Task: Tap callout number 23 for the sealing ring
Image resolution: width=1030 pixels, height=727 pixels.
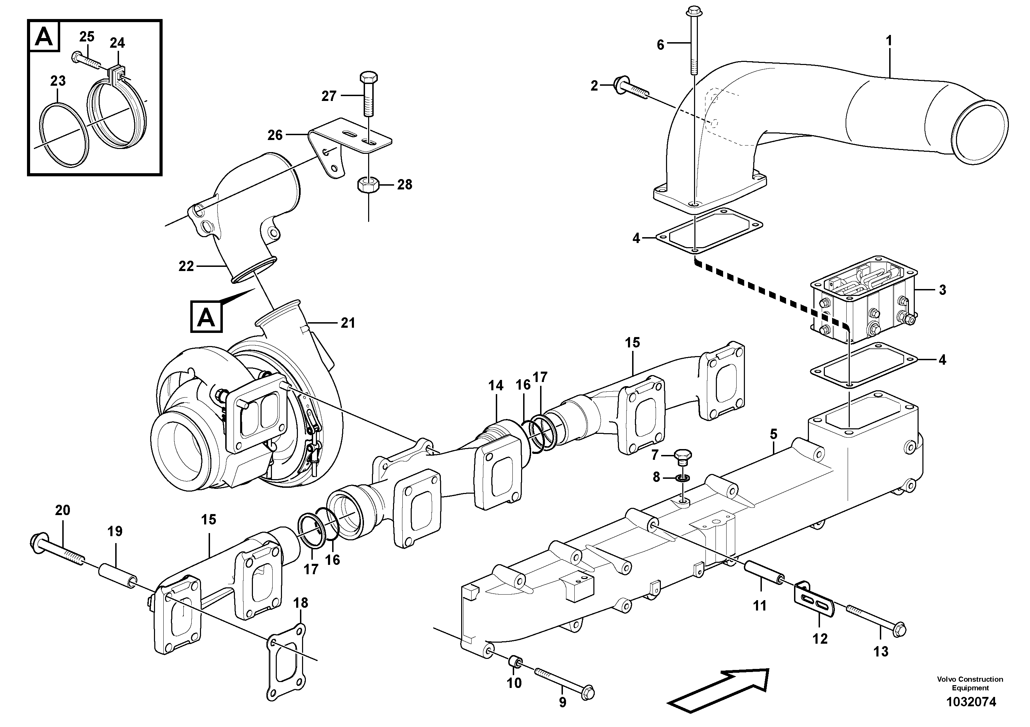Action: tap(58, 81)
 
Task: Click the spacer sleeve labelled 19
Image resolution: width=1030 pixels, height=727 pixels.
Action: tap(118, 577)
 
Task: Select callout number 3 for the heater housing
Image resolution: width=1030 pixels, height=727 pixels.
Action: tap(942, 290)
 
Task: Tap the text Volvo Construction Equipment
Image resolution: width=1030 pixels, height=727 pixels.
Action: tap(970, 683)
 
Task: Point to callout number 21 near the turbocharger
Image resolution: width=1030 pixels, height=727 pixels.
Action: tap(348, 323)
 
